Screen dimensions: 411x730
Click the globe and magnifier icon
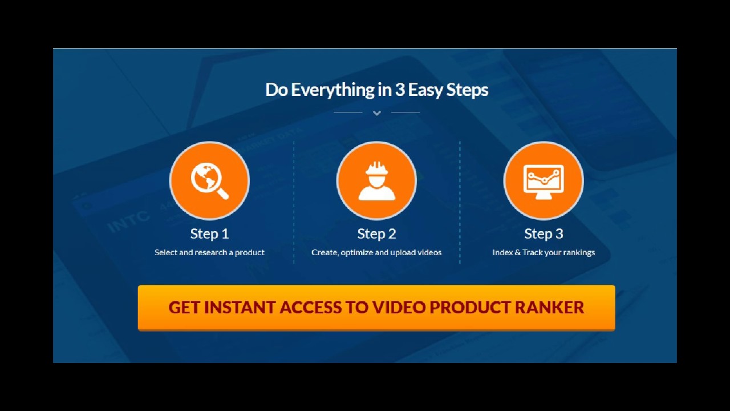click(209, 180)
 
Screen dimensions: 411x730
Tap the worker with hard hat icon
click(376, 180)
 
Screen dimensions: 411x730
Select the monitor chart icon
click(544, 180)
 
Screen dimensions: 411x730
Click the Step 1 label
click(209, 234)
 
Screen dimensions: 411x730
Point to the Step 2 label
click(376, 234)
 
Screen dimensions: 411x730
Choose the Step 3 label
click(544, 234)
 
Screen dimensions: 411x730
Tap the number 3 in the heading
click(399, 90)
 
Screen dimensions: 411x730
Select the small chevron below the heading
click(376, 113)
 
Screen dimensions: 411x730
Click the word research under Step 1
click(210, 252)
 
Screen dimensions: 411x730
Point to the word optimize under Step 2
click(356, 252)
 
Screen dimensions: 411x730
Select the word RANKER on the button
click(549, 307)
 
